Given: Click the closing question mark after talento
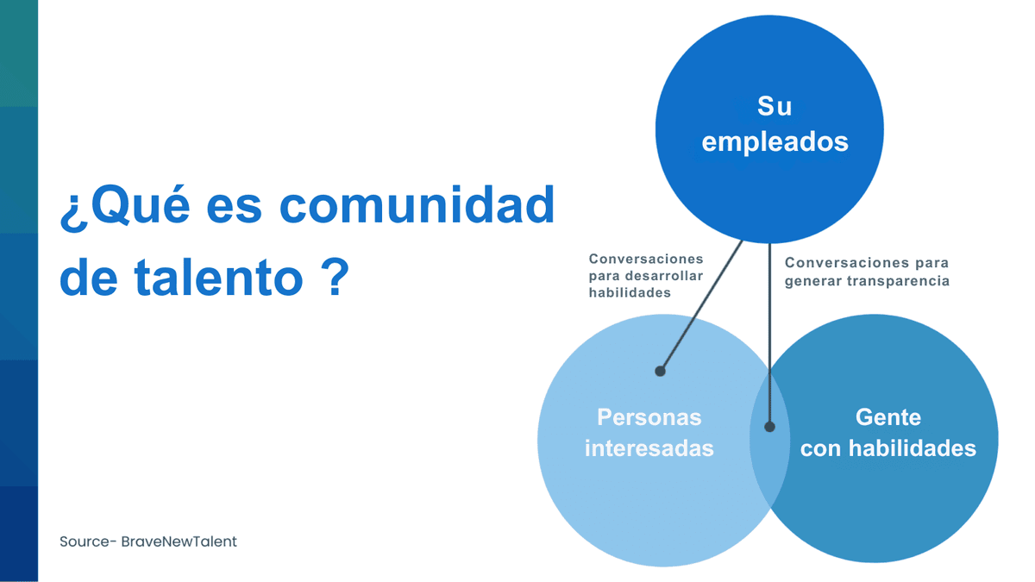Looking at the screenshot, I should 333,278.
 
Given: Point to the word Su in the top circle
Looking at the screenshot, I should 774,106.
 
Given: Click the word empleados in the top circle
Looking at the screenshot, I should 775,141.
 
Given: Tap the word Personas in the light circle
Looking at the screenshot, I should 649,417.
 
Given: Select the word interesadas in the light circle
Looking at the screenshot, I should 649,448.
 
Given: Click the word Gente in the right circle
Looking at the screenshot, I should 888,417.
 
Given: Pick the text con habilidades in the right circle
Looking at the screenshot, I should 888,448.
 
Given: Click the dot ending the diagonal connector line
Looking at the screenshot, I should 660,371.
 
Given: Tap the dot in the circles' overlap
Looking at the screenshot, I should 770,427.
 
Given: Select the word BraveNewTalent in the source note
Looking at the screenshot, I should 179,542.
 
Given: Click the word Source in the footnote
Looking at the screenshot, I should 84,542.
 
